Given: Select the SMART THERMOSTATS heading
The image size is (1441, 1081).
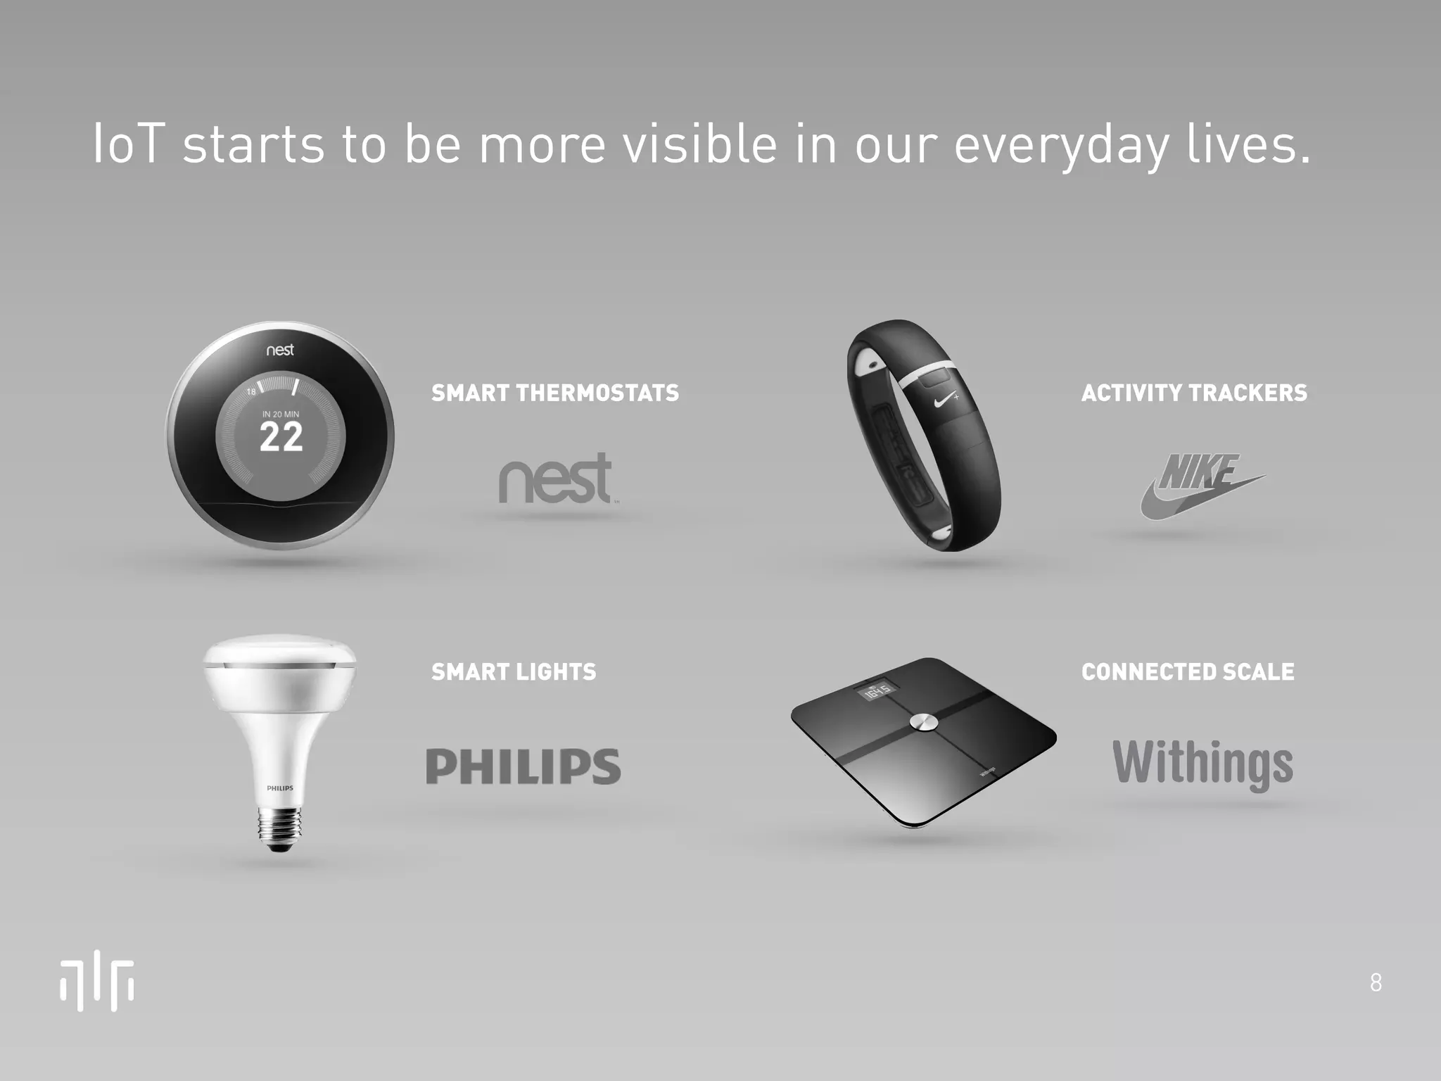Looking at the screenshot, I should click(x=555, y=393).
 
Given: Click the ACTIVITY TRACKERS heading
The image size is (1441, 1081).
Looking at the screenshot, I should click(x=1194, y=393).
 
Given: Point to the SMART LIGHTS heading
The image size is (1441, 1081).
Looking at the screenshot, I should click(x=514, y=672).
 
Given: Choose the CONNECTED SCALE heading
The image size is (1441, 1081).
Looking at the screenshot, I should click(x=1188, y=672).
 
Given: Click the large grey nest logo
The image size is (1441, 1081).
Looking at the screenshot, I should click(x=555, y=479).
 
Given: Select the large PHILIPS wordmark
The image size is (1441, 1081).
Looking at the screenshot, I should click(x=523, y=766).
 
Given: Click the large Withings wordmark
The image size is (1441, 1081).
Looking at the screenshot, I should click(x=1202, y=764).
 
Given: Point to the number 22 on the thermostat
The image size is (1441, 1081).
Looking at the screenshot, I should click(x=281, y=438).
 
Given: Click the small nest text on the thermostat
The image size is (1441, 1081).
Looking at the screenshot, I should click(x=280, y=350).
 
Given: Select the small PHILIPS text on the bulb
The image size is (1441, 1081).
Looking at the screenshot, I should click(x=280, y=788).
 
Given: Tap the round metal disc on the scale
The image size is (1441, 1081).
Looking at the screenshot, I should click(x=922, y=723).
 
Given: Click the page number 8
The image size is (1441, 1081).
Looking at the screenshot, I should click(x=1376, y=982).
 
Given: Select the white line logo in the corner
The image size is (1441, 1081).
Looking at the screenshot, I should click(x=97, y=983).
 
